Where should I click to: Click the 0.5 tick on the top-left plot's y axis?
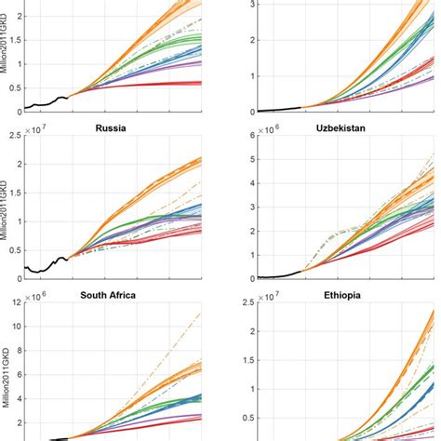17,84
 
